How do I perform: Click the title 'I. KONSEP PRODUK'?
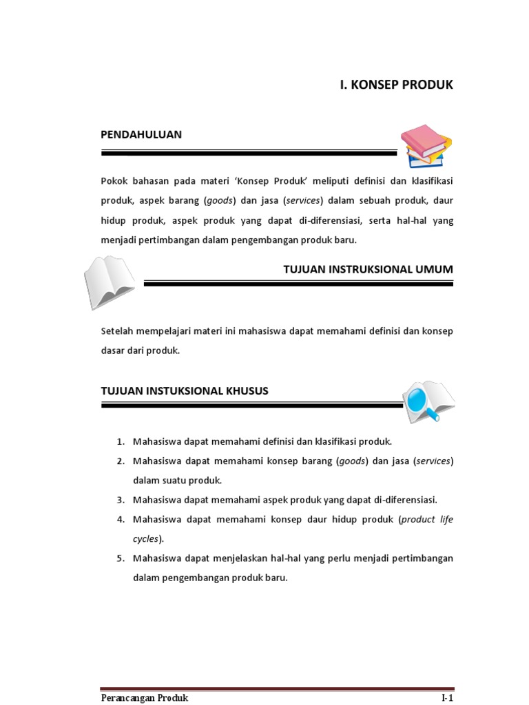click(x=397, y=85)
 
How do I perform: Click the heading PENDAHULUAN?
click(x=141, y=134)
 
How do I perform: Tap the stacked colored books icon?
click(x=426, y=146)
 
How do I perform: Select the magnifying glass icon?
click(x=428, y=401)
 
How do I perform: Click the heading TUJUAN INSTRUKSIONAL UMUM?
click(x=368, y=269)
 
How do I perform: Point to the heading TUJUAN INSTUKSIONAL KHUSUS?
click(x=185, y=390)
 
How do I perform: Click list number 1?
click(x=119, y=441)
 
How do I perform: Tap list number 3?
click(x=119, y=499)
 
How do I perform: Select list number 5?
click(x=119, y=558)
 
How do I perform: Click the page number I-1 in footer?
click(x=447, y=698)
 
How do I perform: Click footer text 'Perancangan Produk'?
click(x=144, y=698)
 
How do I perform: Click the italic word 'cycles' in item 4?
click(x=145, y=538)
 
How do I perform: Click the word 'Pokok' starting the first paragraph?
click(x=114, y=180)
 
